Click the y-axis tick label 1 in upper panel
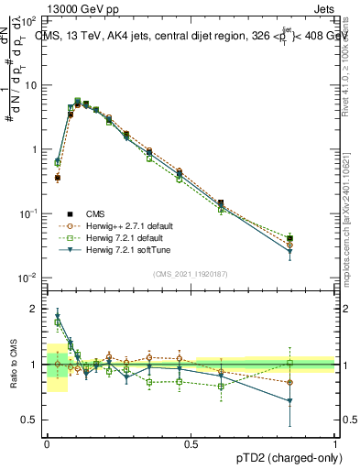[34, 149]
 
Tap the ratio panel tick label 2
[34, 309]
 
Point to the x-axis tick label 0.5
[191, 443]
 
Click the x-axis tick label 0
[47, 443]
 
